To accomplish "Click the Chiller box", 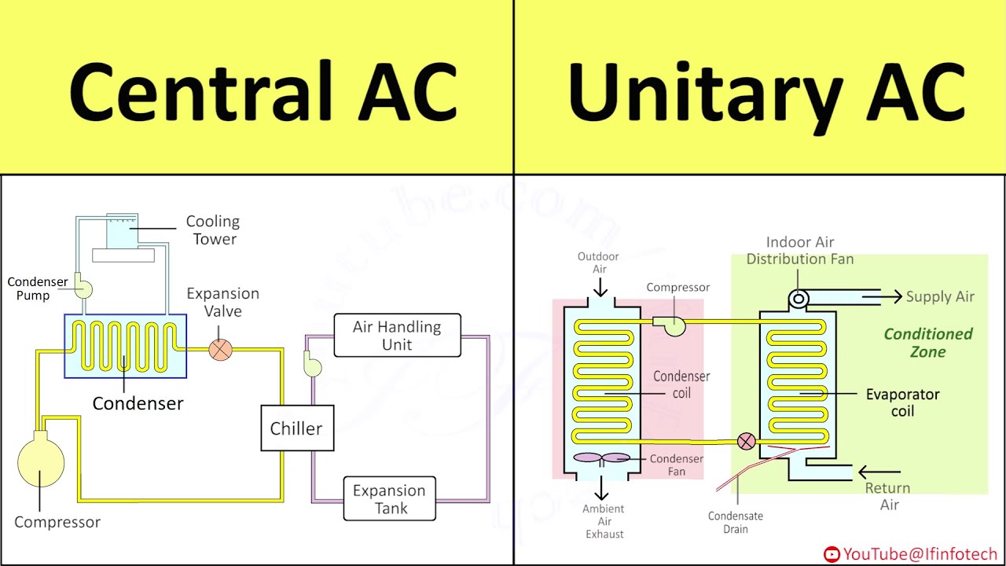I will [x=297, y=428].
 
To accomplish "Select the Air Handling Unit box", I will [x=397, y=336].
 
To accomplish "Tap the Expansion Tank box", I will [x=390, y=499].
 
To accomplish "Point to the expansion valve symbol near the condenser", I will [x=221, y=349].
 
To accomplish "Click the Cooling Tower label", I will [x=213, y=230].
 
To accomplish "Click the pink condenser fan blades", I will [x=601, y=458].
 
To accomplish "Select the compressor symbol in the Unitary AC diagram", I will [x=674, y=324].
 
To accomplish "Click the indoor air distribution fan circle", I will [x=799, y=298].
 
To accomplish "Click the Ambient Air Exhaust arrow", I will [x=602, y=489].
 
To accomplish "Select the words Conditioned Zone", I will [x=927, y=343].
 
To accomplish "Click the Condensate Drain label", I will [x=735, y=522].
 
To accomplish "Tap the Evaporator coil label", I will [x=902, y=402].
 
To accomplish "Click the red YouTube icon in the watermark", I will [x=832, y=555].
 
